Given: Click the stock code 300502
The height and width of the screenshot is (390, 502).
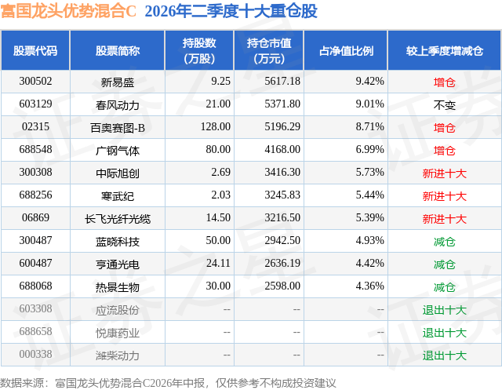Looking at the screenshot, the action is [35, 82].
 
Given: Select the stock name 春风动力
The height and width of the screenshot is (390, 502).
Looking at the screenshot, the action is [117, 105].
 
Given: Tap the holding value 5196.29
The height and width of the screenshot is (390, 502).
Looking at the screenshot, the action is [282, 127].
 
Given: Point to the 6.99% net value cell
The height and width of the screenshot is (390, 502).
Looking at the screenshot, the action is [369, 150].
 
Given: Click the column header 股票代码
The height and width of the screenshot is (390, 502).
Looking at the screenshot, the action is [35, 51].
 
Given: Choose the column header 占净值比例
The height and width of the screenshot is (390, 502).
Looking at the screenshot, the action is [346, 51].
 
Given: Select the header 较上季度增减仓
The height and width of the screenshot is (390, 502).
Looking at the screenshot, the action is [445, 51].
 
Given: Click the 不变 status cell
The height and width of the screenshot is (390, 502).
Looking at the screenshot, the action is [445, 105].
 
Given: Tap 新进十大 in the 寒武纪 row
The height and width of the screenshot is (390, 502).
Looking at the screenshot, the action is [445, 196].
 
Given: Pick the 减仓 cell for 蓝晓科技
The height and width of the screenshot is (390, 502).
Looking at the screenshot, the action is [445, 242].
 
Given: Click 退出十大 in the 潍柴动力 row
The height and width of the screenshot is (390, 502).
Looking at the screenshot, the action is [445, 355].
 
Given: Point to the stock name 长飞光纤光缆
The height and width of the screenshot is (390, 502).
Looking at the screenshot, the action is [117, 219].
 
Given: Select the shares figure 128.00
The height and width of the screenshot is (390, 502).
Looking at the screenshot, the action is [216, 127].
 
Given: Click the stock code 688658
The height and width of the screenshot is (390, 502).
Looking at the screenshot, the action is [35, 331].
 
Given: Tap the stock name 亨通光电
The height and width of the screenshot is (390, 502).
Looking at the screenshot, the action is [117, 264].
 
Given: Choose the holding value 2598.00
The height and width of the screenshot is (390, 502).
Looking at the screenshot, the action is [282, 286].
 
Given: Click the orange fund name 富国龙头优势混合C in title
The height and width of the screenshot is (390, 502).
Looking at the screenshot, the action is [68, 11].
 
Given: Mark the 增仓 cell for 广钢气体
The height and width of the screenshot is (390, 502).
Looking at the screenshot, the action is [445, 151].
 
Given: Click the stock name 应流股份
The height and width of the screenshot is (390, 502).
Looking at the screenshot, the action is [117, 310].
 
